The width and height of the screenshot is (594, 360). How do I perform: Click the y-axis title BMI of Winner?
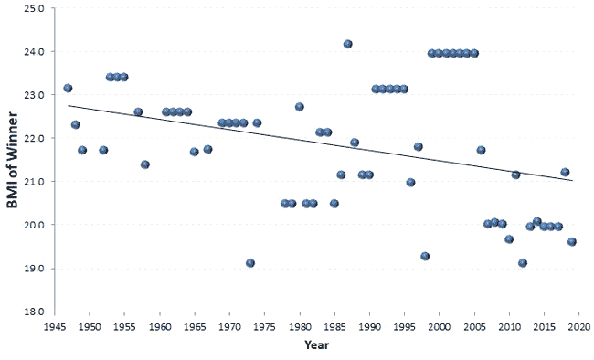(16, 162)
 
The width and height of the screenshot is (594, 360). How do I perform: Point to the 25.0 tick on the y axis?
(35, 8)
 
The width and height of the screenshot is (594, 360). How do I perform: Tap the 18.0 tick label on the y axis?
(35, 312)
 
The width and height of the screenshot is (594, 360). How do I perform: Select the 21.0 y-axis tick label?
(35, 182)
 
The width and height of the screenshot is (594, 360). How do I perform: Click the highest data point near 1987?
(348, 44)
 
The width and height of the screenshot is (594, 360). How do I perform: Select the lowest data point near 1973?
(250, 263)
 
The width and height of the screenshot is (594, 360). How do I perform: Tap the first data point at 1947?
(68, 89)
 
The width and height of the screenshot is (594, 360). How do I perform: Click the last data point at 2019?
(572, 242)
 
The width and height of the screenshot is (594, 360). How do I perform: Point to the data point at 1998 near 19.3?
(425, 257)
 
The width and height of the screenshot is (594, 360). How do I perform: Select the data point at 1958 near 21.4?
(144, 164)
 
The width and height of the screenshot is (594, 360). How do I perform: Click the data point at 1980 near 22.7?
(299, 107)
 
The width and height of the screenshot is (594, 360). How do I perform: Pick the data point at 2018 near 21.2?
(565, 172)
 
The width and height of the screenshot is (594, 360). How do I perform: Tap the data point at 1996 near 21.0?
(410, 183)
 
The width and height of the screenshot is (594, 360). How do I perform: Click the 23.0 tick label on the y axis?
(35, 95)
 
